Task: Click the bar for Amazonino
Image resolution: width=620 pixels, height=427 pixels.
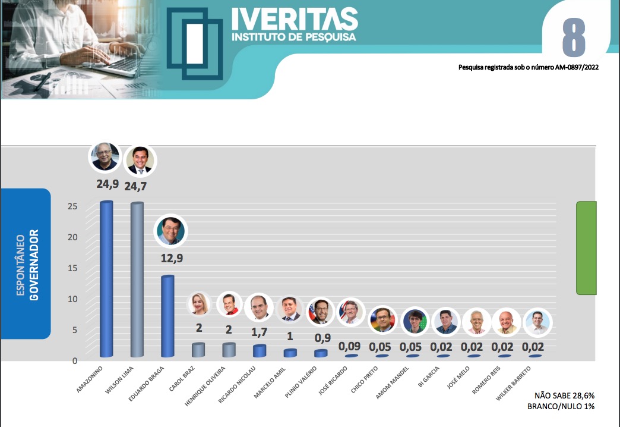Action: (x=106, y=279)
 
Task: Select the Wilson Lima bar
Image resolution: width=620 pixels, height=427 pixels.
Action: (x=137, y=280)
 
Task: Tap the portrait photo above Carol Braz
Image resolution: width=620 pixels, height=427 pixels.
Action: (x=198, y=304)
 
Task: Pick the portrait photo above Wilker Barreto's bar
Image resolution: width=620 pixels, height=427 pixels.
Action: (x=537, y=323)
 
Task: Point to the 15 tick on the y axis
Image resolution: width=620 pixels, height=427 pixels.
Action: (x=72, y=268)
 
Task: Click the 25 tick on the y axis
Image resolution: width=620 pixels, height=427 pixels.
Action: (x=72, y=206)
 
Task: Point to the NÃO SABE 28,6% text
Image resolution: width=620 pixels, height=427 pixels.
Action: (x=564, y=395)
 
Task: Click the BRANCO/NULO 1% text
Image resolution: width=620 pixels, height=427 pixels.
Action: (x=561, y=406)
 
